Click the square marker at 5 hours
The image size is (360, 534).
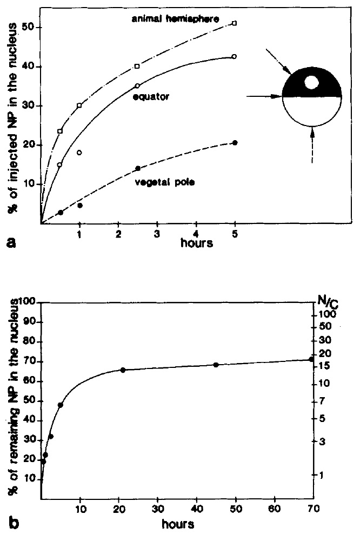[234, 23]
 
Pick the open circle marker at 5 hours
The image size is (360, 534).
[234, 56]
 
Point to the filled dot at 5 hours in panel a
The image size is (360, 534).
[234, 142]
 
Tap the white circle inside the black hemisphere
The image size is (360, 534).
[311, 82]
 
